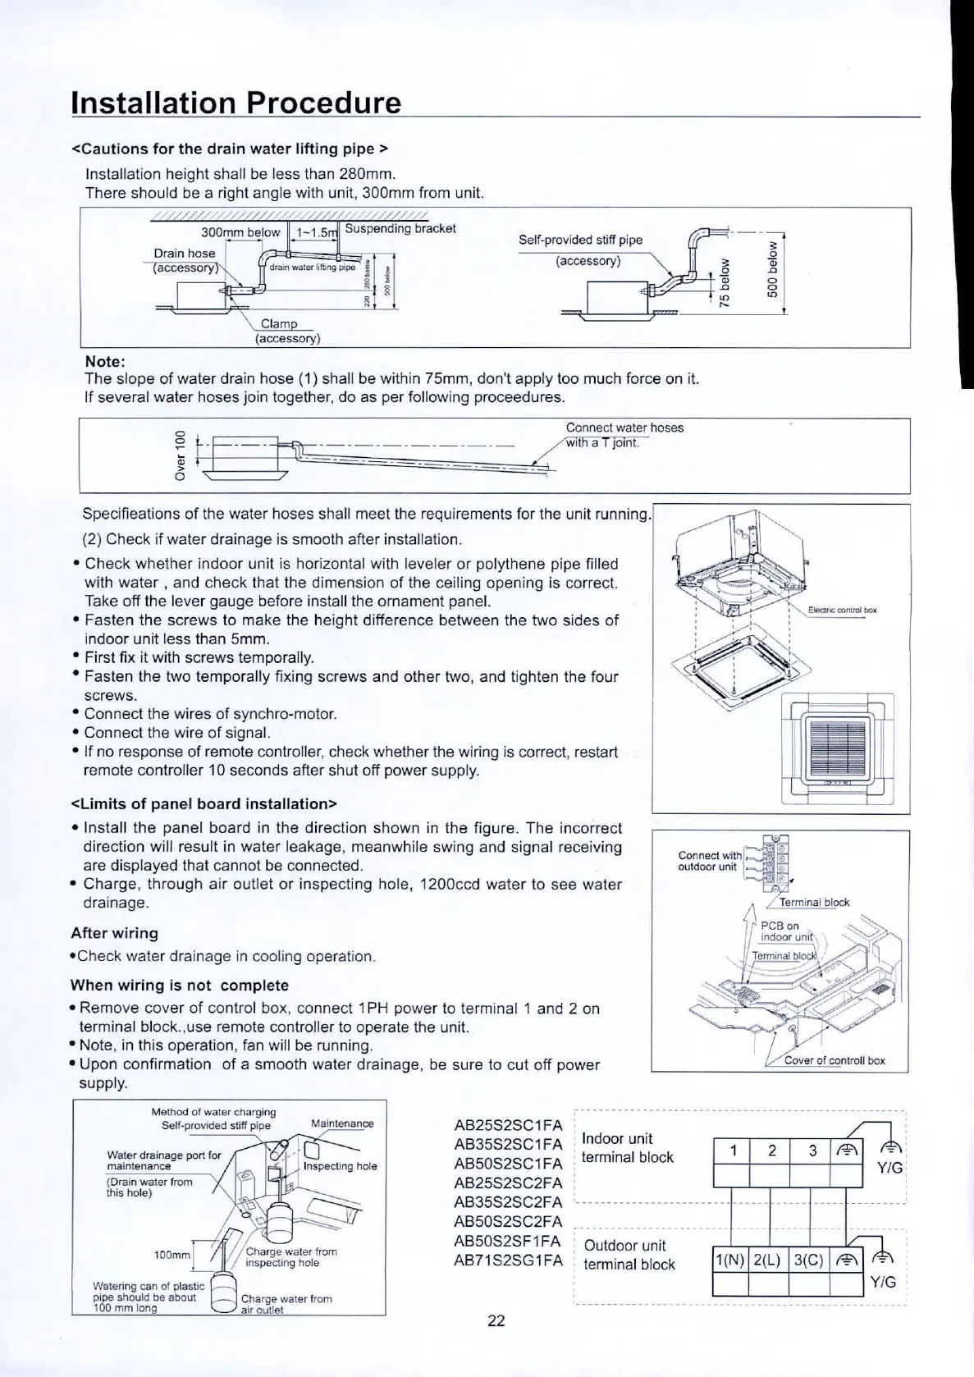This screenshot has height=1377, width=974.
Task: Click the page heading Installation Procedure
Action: click(x=236, y=103)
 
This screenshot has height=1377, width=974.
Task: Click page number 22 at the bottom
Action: click(x=496, y=1320)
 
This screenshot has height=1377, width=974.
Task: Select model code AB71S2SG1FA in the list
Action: click(x=508, y=1260)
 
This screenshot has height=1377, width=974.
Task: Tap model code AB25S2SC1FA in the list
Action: click(x=508, y=1124)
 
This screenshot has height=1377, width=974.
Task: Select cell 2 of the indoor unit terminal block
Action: click(x=771, y=1151)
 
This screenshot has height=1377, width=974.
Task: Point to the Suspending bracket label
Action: click(x=400, y=228)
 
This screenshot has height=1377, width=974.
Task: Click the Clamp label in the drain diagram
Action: click(x=279, y=323)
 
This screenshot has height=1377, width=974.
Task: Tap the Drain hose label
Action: click(x=185, y=254)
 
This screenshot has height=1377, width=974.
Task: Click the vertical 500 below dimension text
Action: click(x=771, y=271)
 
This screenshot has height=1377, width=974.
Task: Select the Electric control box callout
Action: click(x=842, y=610)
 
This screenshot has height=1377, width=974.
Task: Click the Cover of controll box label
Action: click(x=835, y=1059)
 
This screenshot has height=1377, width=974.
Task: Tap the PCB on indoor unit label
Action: click(x=785, y=931)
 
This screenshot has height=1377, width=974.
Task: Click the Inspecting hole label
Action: click(x=340, y=1166)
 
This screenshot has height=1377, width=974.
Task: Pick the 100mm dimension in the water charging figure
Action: click(x=171, y=1256)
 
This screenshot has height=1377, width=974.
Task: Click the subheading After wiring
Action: click(x=114, y=933)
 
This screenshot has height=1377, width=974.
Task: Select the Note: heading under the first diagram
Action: click(x=105, y=362)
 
